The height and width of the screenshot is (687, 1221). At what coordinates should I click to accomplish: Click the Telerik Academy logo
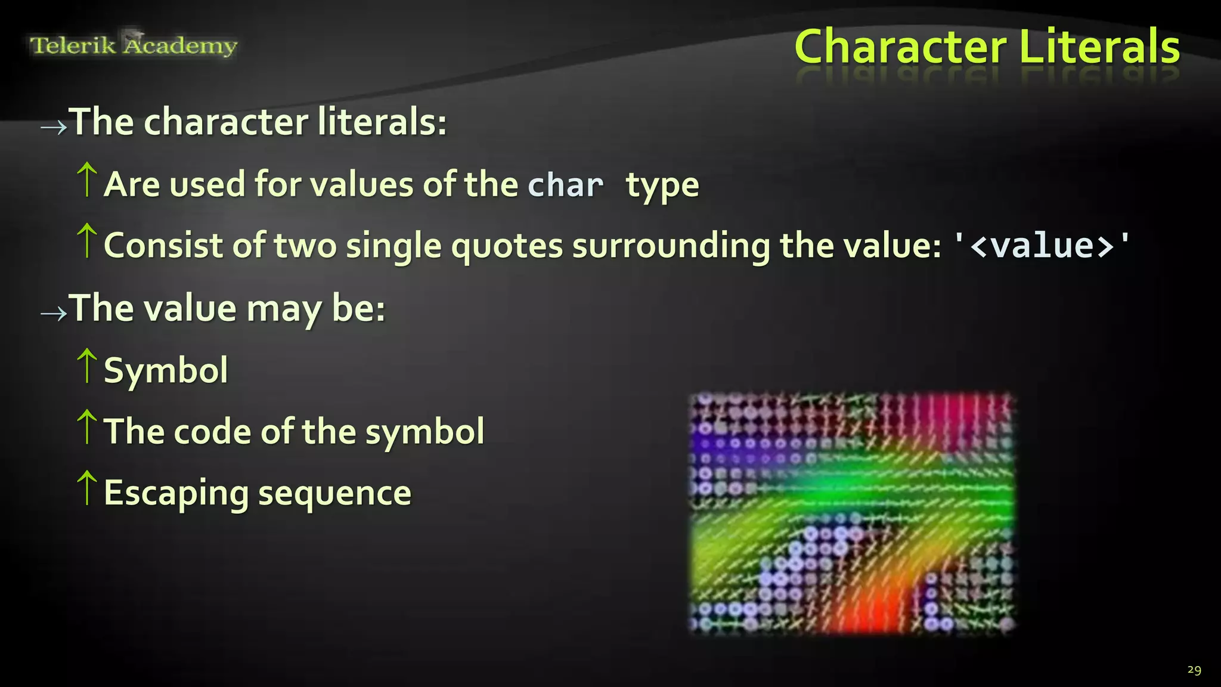tap(134, 45)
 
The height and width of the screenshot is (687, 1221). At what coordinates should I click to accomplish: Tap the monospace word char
tap(565, 185)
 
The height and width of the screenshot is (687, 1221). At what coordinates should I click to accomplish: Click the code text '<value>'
tap(1042, 245)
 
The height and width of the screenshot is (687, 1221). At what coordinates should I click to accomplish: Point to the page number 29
tap(1194, 670)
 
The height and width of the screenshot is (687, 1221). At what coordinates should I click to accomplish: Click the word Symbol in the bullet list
tap(166, 371)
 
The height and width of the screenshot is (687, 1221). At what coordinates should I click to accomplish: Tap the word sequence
tap(334, 493)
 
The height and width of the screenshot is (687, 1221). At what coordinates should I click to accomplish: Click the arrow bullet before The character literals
tap(54, 126)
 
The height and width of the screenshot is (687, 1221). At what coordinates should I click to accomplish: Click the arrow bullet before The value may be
tap(54, 312)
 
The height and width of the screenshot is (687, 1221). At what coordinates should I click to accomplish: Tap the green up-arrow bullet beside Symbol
tap(87, 366)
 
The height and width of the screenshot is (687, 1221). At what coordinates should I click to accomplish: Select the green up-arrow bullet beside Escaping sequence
tap(87, 488)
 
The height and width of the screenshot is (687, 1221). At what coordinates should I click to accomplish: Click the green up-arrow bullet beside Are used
tap(87, 180)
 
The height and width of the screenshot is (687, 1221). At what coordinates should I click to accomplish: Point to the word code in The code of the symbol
tap(212, 431)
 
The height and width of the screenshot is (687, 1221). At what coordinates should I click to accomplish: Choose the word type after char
tap(662, 186)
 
